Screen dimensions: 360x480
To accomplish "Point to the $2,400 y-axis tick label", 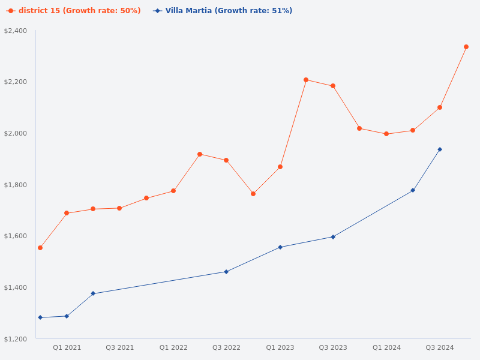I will (16, 31).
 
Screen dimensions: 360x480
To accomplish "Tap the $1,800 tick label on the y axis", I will (16, 185).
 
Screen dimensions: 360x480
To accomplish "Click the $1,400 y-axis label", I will (16, 288).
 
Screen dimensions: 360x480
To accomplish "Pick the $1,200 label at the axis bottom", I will (16, 340).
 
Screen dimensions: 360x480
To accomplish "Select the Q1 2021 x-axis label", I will (67, 347).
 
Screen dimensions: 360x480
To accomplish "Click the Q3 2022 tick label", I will (226, 347).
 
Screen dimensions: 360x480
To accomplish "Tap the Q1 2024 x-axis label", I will (386, 347).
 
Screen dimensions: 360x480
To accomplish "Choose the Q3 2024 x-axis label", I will (440, 347).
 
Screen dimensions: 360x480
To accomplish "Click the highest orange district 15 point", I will (466, 47).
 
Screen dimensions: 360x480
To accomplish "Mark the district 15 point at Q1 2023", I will (280, 167).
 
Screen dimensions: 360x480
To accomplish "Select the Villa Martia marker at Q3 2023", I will (333, 237).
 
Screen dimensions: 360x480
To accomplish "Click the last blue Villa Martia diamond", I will (440, 149).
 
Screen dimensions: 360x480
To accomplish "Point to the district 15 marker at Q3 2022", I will (226, 160).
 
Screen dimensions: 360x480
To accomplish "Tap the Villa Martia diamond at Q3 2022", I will (226, 272).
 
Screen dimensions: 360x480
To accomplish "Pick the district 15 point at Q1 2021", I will (67, 213).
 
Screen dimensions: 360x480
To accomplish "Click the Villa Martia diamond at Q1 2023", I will (280, 247).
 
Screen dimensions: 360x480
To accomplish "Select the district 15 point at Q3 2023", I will (333, 86).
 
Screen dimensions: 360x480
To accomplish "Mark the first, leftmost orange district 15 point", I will (40, 248).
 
